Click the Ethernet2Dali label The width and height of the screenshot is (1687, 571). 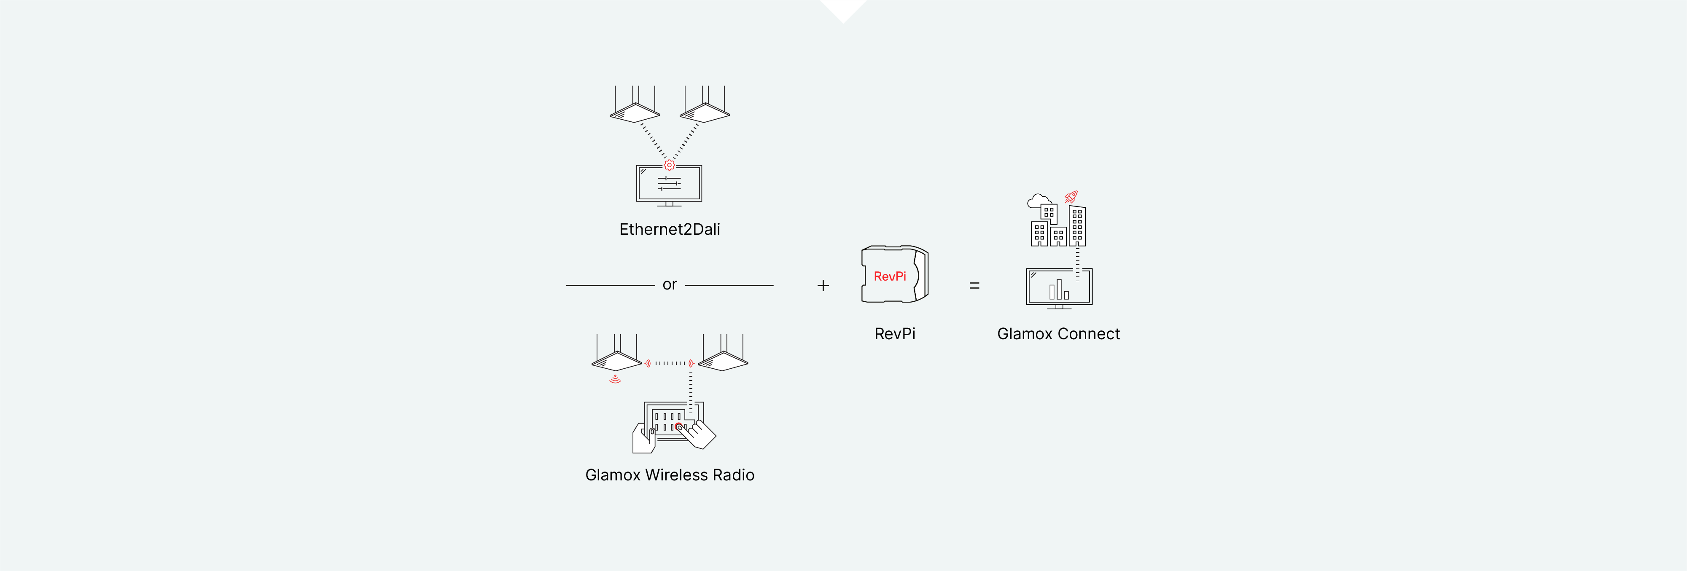pyautogui.click(x=669, y=229)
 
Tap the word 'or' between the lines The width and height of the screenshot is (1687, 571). pyautogui.click(x=669, y=285)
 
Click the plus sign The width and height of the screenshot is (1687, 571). pyautogui.click(x=823, y=286)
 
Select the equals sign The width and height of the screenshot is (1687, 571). pyautogui.click(x=974, y=286)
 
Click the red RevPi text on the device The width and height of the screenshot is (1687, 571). pyautogui.click(x=889, y=276)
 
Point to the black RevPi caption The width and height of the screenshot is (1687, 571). pyautogui.click(x=895, y=334)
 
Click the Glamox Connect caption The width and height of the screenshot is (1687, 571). pyautogui.click(x=1058, y=334)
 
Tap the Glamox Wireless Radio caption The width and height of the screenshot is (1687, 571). pyautogui.click(x=669, y=475)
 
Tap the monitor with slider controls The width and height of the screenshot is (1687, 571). pyautogui.click(x=669, y=185)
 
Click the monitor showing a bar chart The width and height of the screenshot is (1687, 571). pyautogui.click(x=1059, y=287)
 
